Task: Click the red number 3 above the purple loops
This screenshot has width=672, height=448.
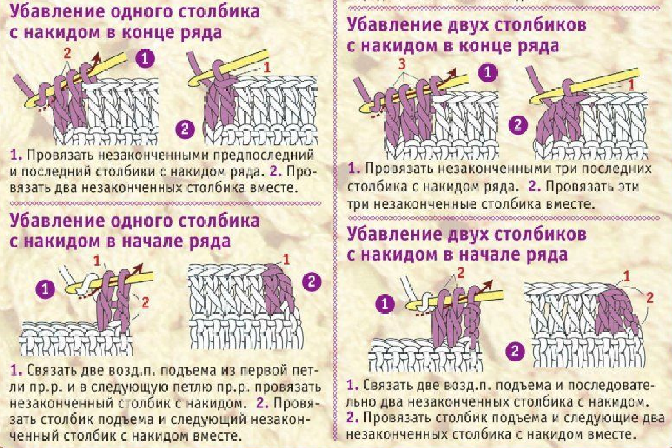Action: coord(401,65)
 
